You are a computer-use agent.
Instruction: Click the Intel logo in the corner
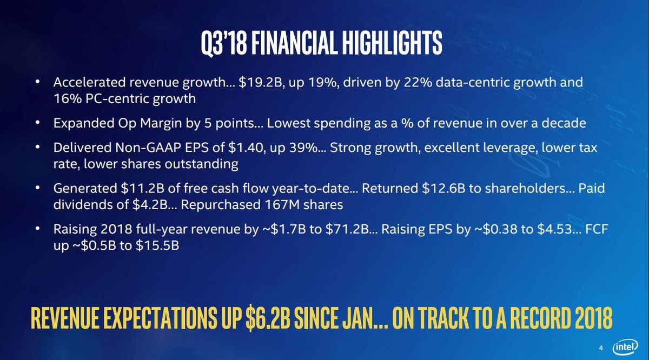(625, 346)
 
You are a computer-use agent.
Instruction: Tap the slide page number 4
(601, 348)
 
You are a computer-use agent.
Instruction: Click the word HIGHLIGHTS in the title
(392, 43)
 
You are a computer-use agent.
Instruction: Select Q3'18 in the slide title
(224, 43)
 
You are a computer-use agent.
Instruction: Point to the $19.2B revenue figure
(261, 83)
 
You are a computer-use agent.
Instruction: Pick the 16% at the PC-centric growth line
(67, 99)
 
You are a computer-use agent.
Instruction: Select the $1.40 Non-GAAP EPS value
(247, 148)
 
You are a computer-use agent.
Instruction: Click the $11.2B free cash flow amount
(142, 189)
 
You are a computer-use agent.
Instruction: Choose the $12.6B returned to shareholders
(443, 189)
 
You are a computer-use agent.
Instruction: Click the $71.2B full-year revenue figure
(347, 229)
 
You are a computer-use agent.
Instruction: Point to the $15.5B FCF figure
(157, 245)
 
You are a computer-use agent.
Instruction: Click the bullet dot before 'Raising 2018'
(37, 229)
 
